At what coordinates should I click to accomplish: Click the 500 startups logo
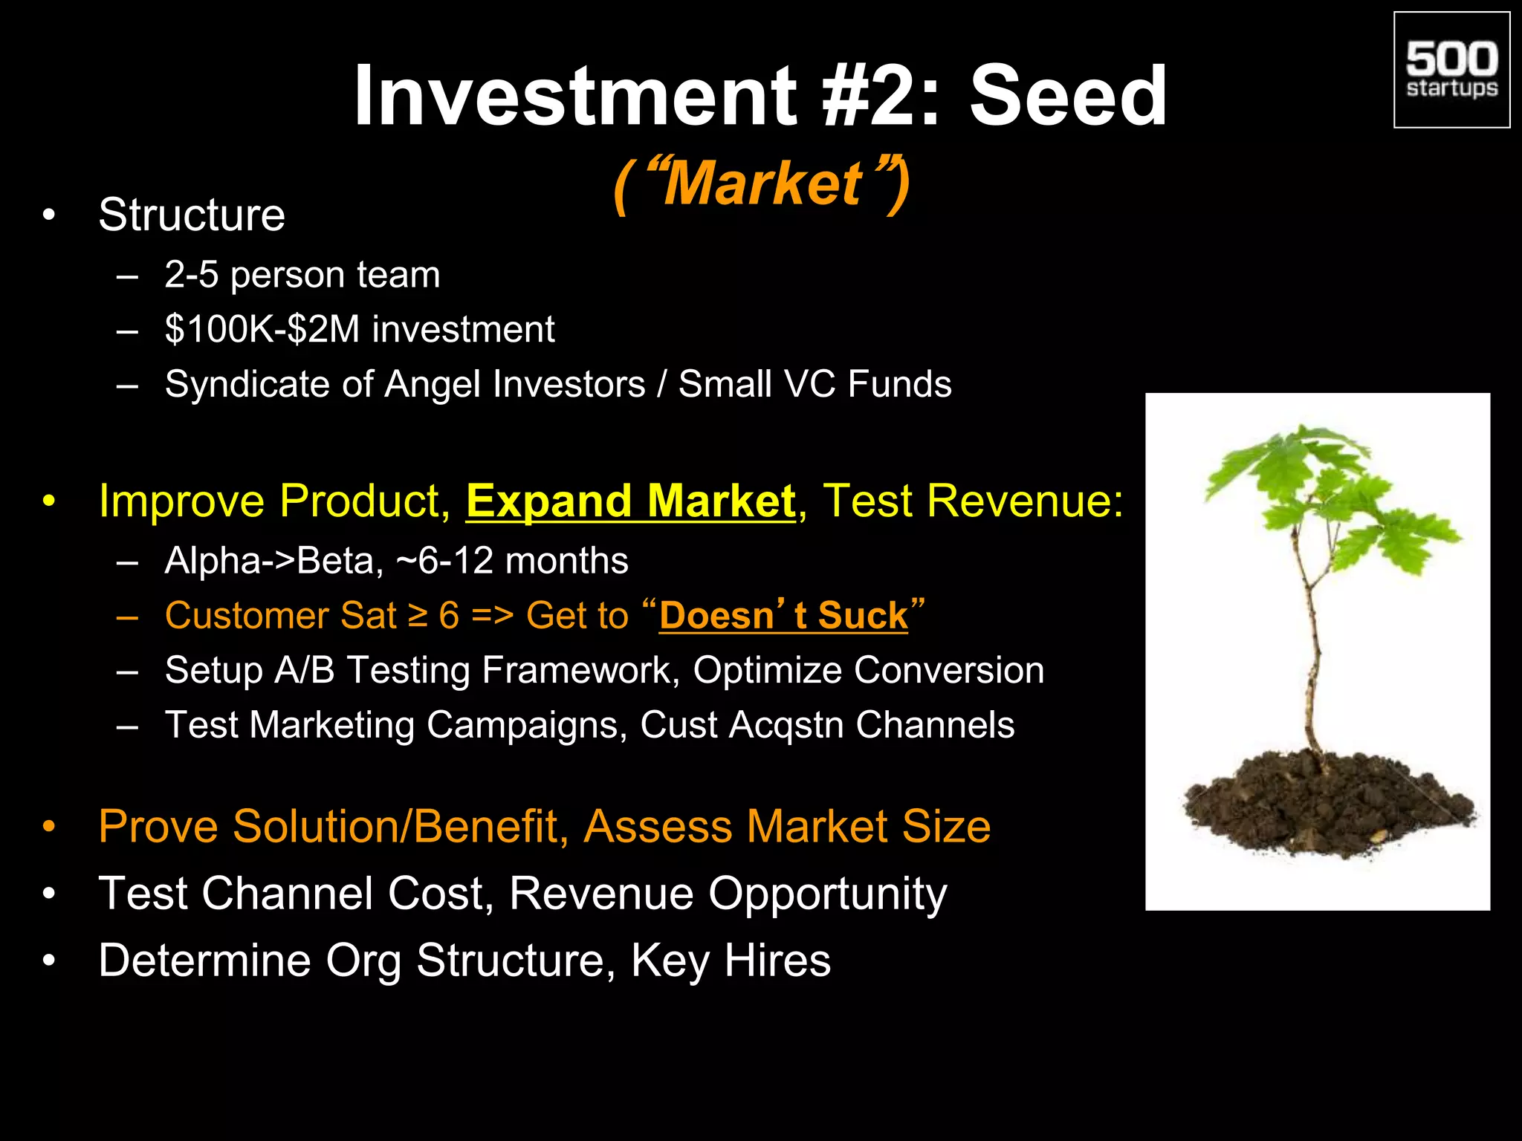(x=1451, y=70)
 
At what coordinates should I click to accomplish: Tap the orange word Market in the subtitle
(x=762, y=183)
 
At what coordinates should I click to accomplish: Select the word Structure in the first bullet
(x=192, y=215)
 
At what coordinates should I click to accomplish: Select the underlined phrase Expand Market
(x=630, y=501)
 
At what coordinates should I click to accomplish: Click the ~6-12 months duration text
(x=513, y=561)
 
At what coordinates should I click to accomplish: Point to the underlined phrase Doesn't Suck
(x=783, y=616)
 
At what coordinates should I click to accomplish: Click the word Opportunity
(x=827, y=894)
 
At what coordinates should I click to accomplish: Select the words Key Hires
(x=730, y=960)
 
